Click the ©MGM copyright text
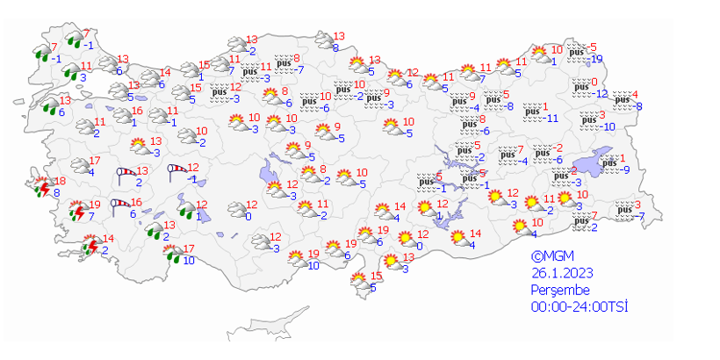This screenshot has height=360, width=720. coord(550,257)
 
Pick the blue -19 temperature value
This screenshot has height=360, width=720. coord(597,59)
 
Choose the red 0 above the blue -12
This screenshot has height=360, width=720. coord(594,82)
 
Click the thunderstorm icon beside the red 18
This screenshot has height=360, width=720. coord(41,186)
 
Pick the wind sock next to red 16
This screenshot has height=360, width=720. coord(119,207)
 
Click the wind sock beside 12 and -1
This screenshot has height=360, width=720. coord(178,171)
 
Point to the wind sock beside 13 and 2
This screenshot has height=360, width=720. coord(128,175)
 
